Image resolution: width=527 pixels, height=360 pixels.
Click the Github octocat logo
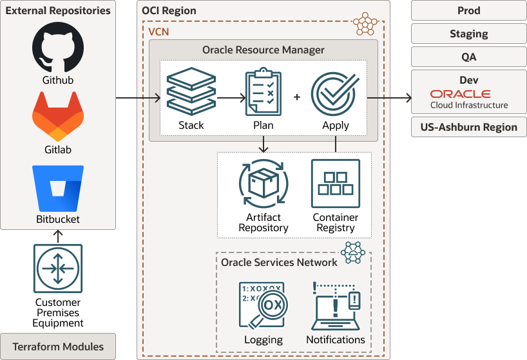pos(58,48)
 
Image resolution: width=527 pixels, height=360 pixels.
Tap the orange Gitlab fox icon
pos(58,117)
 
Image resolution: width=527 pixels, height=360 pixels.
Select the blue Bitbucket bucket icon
pos(58,187)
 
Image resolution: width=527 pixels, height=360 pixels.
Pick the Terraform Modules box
pos(58,346)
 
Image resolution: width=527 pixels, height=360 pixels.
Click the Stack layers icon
pos(191,93)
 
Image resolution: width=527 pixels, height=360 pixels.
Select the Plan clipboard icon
pos(263,93)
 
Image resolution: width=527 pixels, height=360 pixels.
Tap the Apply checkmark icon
pos(335,93)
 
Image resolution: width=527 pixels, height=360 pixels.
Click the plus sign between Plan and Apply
pos(297,97)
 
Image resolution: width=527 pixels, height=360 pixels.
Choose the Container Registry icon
pos(335,183)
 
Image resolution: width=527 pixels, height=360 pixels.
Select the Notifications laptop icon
pos(336,305)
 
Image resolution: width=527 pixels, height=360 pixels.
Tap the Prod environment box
pos(469,11)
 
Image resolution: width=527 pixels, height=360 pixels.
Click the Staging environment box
pos(469,34)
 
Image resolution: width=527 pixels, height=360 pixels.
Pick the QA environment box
pos(469,57)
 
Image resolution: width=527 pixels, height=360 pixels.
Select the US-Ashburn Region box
pos(469,127)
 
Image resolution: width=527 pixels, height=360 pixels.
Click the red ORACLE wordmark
pos(461,94)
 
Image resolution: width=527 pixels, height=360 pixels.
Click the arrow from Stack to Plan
pos(231,98)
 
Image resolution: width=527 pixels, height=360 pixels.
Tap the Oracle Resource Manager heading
pos(263,50)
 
